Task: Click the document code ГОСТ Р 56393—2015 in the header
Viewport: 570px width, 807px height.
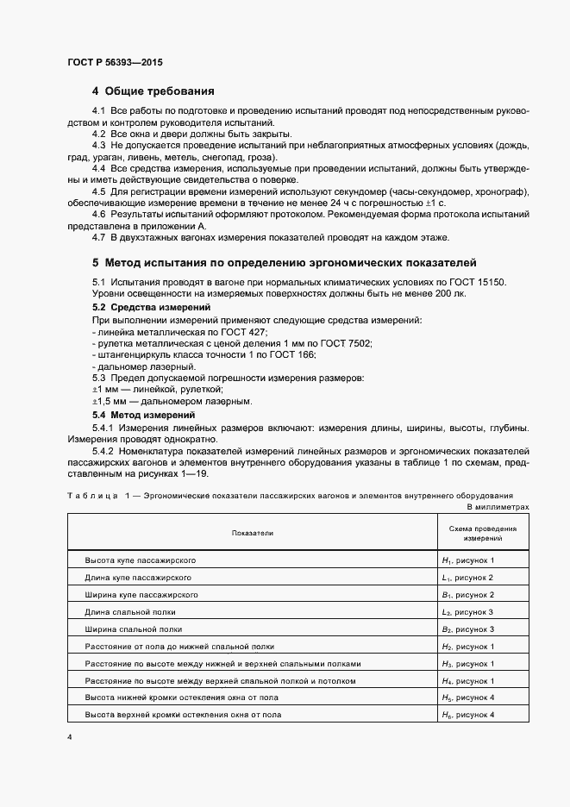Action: (115, 63)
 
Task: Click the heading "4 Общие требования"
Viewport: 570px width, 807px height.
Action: (153, 91)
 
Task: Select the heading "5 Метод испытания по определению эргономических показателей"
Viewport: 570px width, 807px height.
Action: (284, 262)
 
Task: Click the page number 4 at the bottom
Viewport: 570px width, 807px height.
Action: (70, 738)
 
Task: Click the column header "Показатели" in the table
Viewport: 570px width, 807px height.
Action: (252, 533)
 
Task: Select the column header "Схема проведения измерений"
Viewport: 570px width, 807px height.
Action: (471, 533)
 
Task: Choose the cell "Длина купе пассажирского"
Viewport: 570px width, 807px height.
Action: (137, 578)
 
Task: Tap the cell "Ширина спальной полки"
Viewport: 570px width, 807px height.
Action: (133, 629)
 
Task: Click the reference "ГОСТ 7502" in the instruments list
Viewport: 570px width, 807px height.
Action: (345, 343)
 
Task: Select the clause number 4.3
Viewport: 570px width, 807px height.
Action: (98, 146)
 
